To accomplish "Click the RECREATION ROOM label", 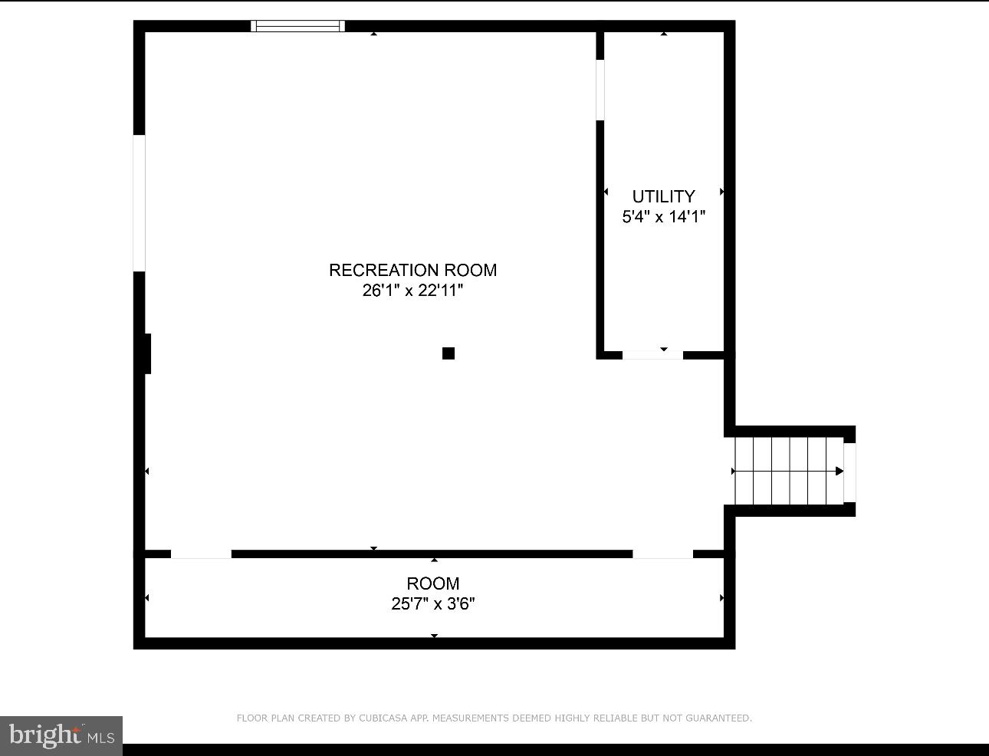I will [x=412, y=270].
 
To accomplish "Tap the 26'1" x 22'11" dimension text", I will [x=412, y=291].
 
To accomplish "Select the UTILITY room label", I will [x=663, y=196].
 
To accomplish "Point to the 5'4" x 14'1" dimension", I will [x=663, y=217].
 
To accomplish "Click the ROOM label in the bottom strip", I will [x=433, y=583].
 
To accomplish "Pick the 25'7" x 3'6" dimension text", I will [x=433, y=604].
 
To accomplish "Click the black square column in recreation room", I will [x=449, y=353].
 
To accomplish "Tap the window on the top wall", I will [x=297, y=26].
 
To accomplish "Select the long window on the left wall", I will [x=140, y=203].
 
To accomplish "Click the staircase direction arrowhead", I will [x=839, y=471].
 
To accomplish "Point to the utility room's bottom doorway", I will [x=652, y=355].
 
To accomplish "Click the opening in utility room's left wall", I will [x=600, y=90].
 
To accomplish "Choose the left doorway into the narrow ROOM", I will [x=201, y=554].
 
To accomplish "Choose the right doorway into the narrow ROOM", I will [x=662, y=554].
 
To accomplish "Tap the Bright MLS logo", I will [x=61, y=736].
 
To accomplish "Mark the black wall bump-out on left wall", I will [x=147, y=353].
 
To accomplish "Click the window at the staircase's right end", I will [x=849, y=472].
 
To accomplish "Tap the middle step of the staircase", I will [x=790, y=472].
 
